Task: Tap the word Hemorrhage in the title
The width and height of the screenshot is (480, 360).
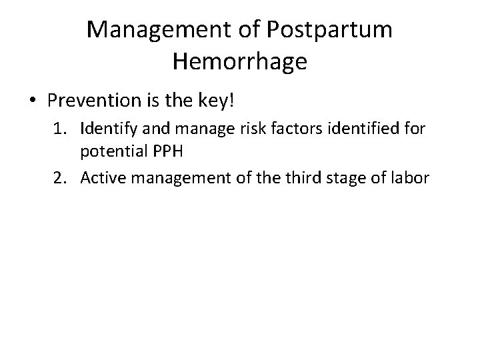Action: click(x=239, y=62)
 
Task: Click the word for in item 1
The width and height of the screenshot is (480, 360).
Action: click(x=414, y=129)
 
